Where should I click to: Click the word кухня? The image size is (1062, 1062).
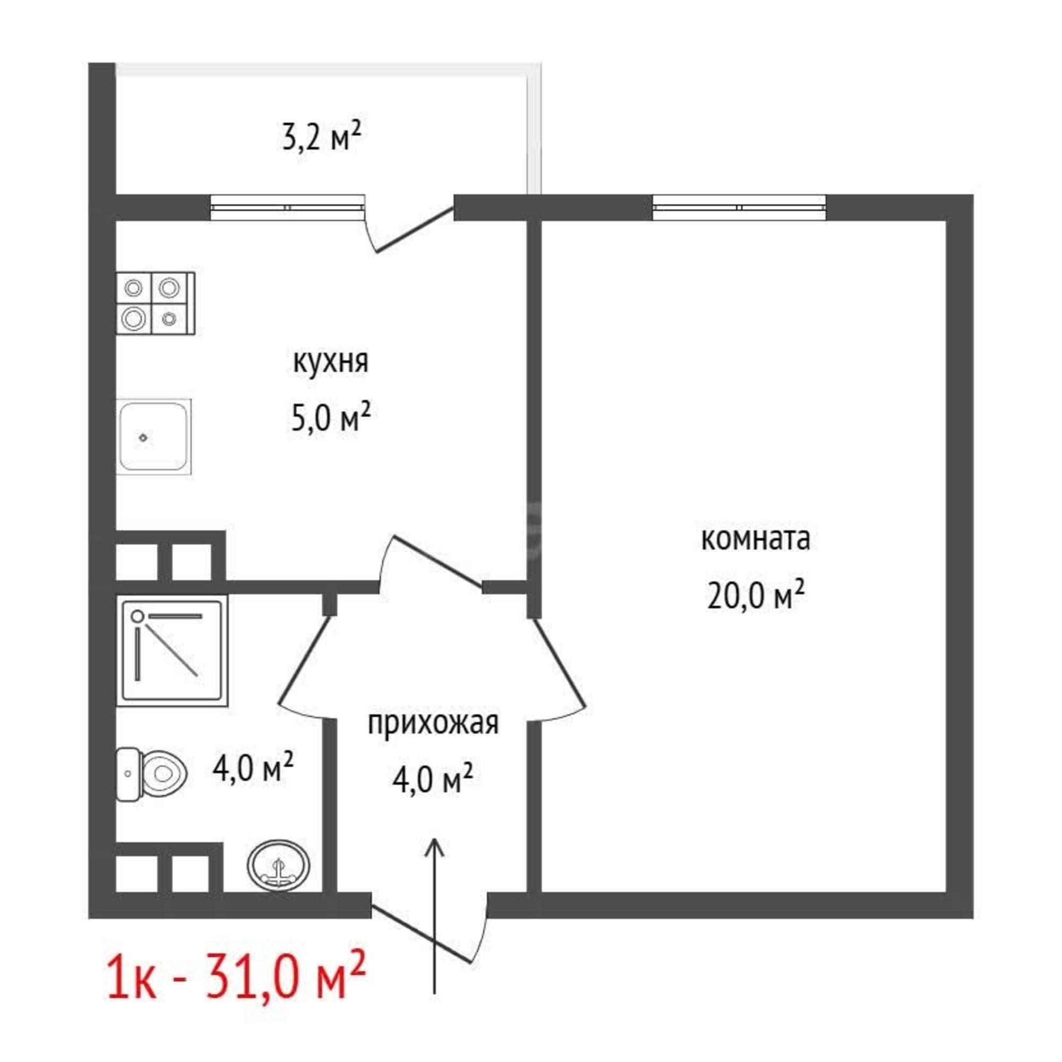[330, 362]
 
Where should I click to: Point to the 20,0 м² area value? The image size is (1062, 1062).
[755, 597]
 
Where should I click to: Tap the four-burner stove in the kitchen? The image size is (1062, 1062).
[156, 303]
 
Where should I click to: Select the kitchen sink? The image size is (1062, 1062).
[155, 437]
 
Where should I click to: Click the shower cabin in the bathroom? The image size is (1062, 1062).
[172, 650]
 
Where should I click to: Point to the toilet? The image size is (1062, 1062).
[152, 774]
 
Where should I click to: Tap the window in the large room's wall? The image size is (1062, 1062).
[739, 208]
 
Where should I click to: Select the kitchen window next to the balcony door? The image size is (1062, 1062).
[287, 208]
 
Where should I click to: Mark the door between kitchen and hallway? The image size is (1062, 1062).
[434, 563]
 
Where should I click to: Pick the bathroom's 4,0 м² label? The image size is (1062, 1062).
[252, 768]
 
